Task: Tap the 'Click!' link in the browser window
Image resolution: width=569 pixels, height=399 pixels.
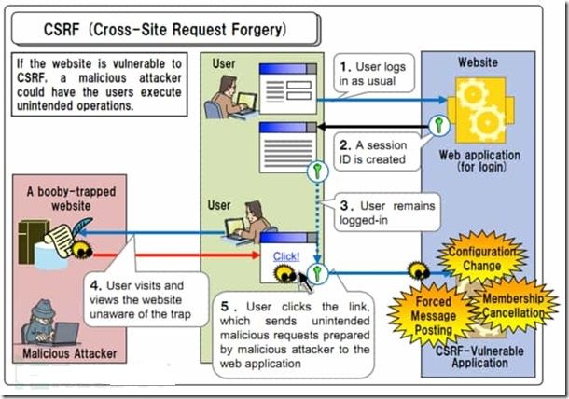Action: [287, 255]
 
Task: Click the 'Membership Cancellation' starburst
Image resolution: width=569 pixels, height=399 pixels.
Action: [515, 305]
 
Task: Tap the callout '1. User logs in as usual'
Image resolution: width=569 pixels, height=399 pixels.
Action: [374, 75]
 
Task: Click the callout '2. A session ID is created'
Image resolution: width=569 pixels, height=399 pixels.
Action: [373, 151]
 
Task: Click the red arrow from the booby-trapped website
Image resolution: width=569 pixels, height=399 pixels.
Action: [168, 251]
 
